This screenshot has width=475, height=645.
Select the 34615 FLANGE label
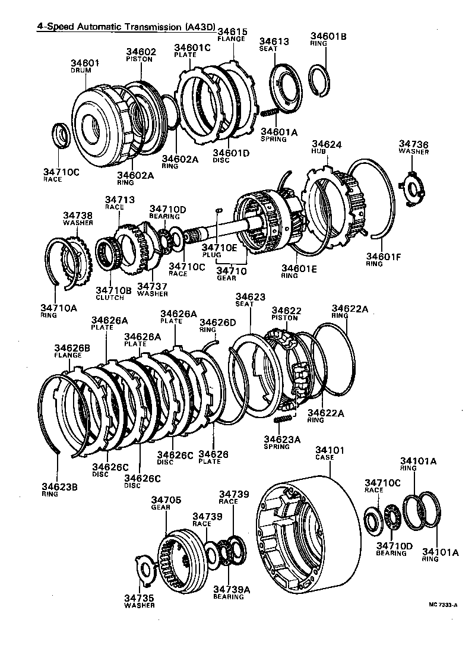click(x=232, y=35)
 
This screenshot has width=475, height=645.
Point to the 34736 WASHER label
click(x=413, y=147)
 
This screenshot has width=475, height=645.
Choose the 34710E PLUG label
click(x=219, y=251)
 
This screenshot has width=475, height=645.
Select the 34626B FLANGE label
click(x=68, y=351)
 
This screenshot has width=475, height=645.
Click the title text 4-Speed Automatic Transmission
click(x=110, y=27)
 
